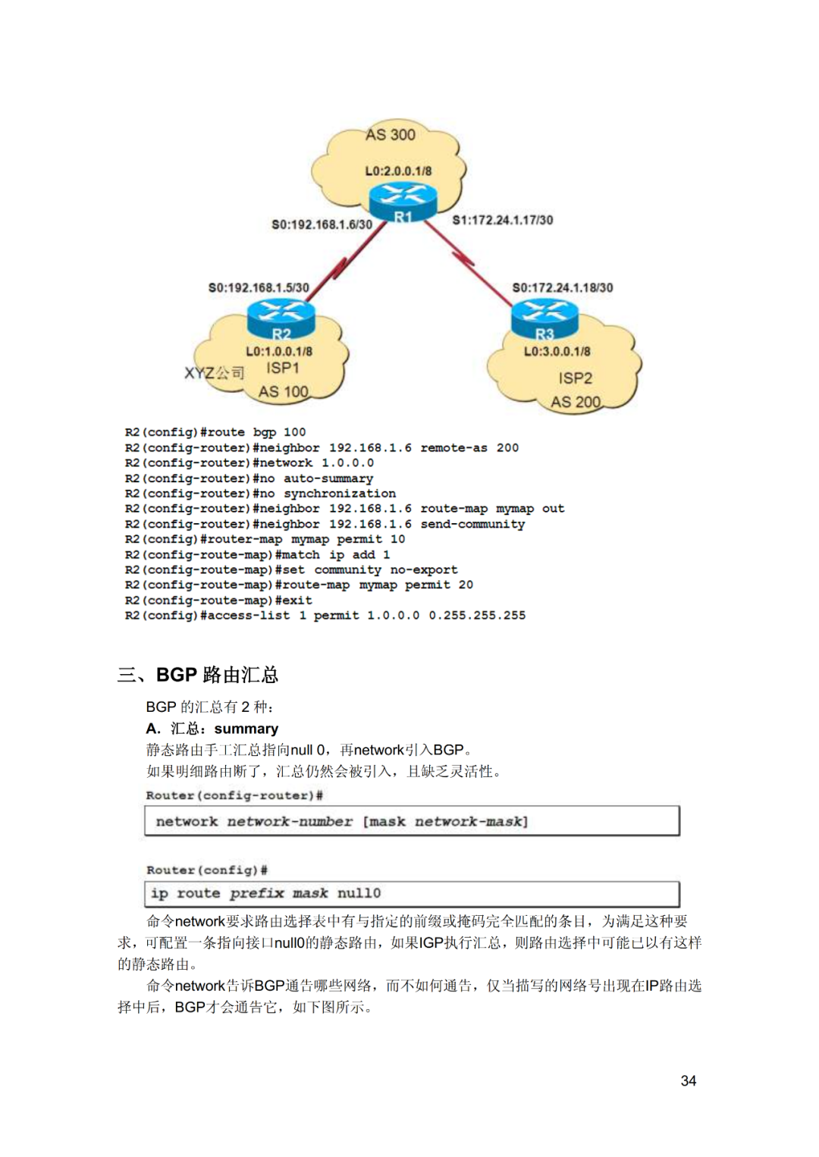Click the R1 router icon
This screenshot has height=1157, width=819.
pos(403,202)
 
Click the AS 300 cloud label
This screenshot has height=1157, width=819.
pos(390,135)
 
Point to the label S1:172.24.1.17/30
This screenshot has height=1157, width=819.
pos(503,220)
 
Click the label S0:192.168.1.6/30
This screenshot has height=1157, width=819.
pos(322,224)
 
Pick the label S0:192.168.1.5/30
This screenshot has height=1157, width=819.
pos(259,287)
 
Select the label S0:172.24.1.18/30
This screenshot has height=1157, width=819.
pos(563,287)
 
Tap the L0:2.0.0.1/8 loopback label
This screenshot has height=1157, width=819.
pos(398,171)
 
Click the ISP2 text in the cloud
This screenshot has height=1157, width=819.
pos(575,378)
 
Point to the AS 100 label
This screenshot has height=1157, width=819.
pos(283,391)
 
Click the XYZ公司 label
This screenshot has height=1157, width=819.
pos(214,372)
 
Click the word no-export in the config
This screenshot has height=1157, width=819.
pos(424,569)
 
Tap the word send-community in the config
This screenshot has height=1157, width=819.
pos(472,524)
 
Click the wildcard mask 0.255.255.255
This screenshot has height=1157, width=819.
pos(477,615)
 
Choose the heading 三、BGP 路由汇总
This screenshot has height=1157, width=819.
pos(198,675)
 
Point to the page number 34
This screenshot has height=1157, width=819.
pos(689,1080)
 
